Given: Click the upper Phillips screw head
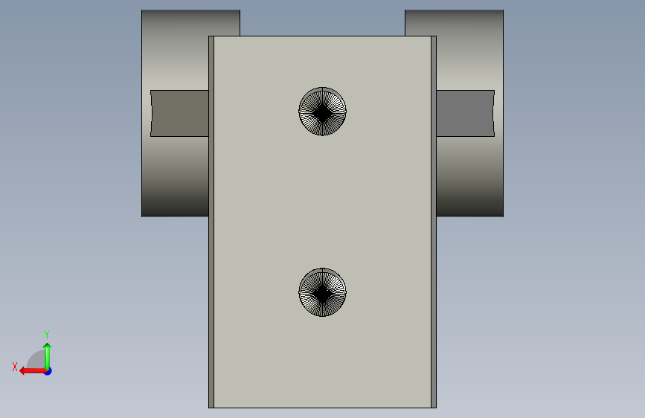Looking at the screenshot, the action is coord(323,111).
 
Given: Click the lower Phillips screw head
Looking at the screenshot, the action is coord(323,292).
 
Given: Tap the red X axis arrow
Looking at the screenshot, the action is coord(33,371).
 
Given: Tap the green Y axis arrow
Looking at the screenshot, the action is coord(48,357).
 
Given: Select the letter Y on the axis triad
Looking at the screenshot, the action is coord(47,334).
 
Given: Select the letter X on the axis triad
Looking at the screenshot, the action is coord(15,367).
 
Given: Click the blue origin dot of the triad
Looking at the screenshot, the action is coord(48,371).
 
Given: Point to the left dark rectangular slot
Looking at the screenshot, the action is coord(179,113).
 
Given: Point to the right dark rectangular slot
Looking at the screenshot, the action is coord(465,113).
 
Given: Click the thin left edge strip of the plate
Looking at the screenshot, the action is coord(211,222).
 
